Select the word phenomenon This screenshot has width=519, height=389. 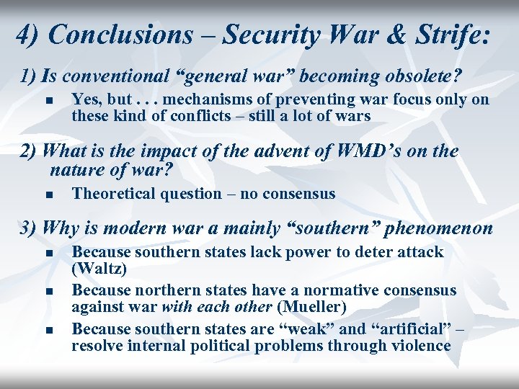coord(439,228)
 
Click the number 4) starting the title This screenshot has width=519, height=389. coord(27,35)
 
